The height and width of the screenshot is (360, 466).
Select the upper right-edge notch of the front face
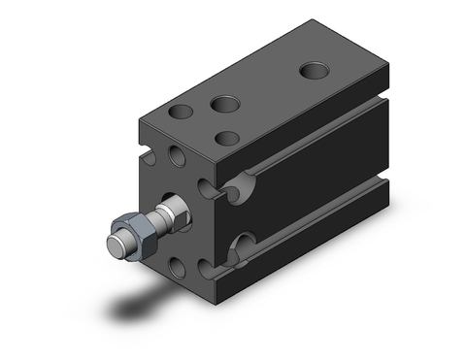pos(207,184)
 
